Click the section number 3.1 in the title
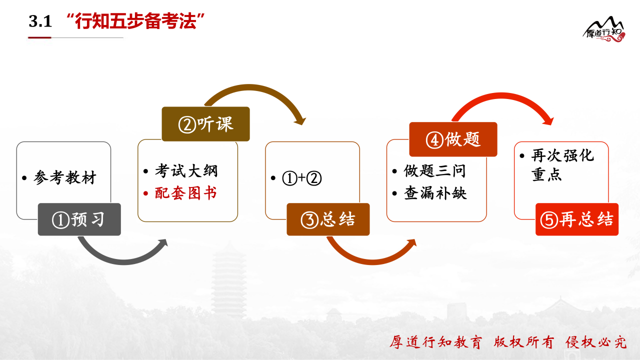point(40,21)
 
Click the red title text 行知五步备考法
point(135,21)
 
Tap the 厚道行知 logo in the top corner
point(604,29)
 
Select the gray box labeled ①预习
point(79,219)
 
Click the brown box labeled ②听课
point(205,124)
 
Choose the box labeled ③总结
point(328,219)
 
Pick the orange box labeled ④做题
point(453,139)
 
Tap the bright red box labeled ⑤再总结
point(577,219)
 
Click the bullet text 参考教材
point(65,177)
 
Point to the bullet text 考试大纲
point(186,171)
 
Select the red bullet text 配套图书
point(185,193)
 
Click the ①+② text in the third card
point(301,178)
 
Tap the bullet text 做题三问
point(434,171)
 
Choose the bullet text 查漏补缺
point(435,193)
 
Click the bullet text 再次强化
point(562,155)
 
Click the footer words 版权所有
point(523,342)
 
